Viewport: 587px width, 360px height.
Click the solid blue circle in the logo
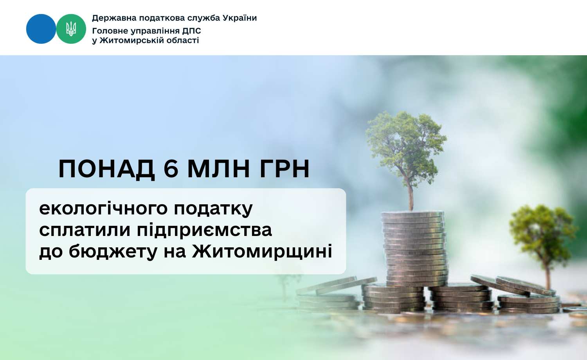coord(41,29)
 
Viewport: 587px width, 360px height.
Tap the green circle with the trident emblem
coord(71,29)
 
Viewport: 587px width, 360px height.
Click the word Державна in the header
coord(114,18)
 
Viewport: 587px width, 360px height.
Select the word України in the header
coord(240,18)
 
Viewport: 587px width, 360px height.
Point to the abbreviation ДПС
coord(192,31)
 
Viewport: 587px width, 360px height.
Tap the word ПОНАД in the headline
coord(106,169)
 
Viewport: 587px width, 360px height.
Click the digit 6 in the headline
coord(171,169)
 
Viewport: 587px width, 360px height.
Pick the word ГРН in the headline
coord(285,169)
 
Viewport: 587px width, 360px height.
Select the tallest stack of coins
coord(414,248)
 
